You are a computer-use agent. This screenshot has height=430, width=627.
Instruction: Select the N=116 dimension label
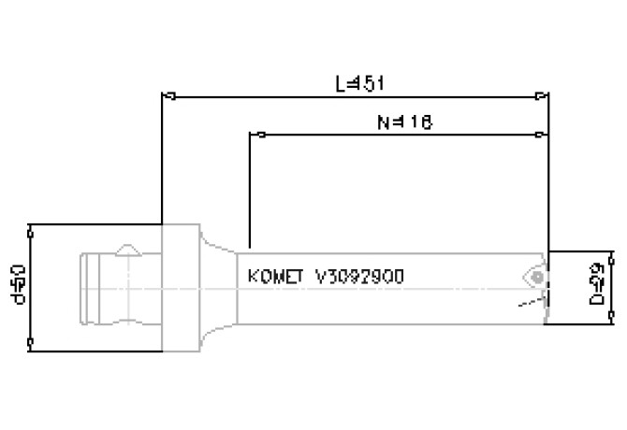(402, 122)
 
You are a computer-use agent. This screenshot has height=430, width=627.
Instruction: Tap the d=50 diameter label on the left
(15, 284)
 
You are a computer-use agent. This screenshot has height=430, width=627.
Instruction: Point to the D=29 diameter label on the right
(596, 288)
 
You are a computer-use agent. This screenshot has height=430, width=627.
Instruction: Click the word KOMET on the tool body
(276, 277)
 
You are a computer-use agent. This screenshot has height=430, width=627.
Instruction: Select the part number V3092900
(360, 277)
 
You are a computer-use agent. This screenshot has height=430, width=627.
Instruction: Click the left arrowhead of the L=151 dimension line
(168, 94)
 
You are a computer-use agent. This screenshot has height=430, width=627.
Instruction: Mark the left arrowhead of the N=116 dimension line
(255, 134)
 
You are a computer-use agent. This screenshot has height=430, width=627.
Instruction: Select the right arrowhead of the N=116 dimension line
(543, 134)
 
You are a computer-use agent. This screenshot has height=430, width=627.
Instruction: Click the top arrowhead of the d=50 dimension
(32, 229)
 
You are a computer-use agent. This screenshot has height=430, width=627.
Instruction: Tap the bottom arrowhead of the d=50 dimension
(32, 346)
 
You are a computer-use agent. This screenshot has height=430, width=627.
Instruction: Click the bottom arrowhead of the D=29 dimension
(613, 319)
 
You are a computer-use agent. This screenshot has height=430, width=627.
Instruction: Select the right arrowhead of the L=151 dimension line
(543, 94)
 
